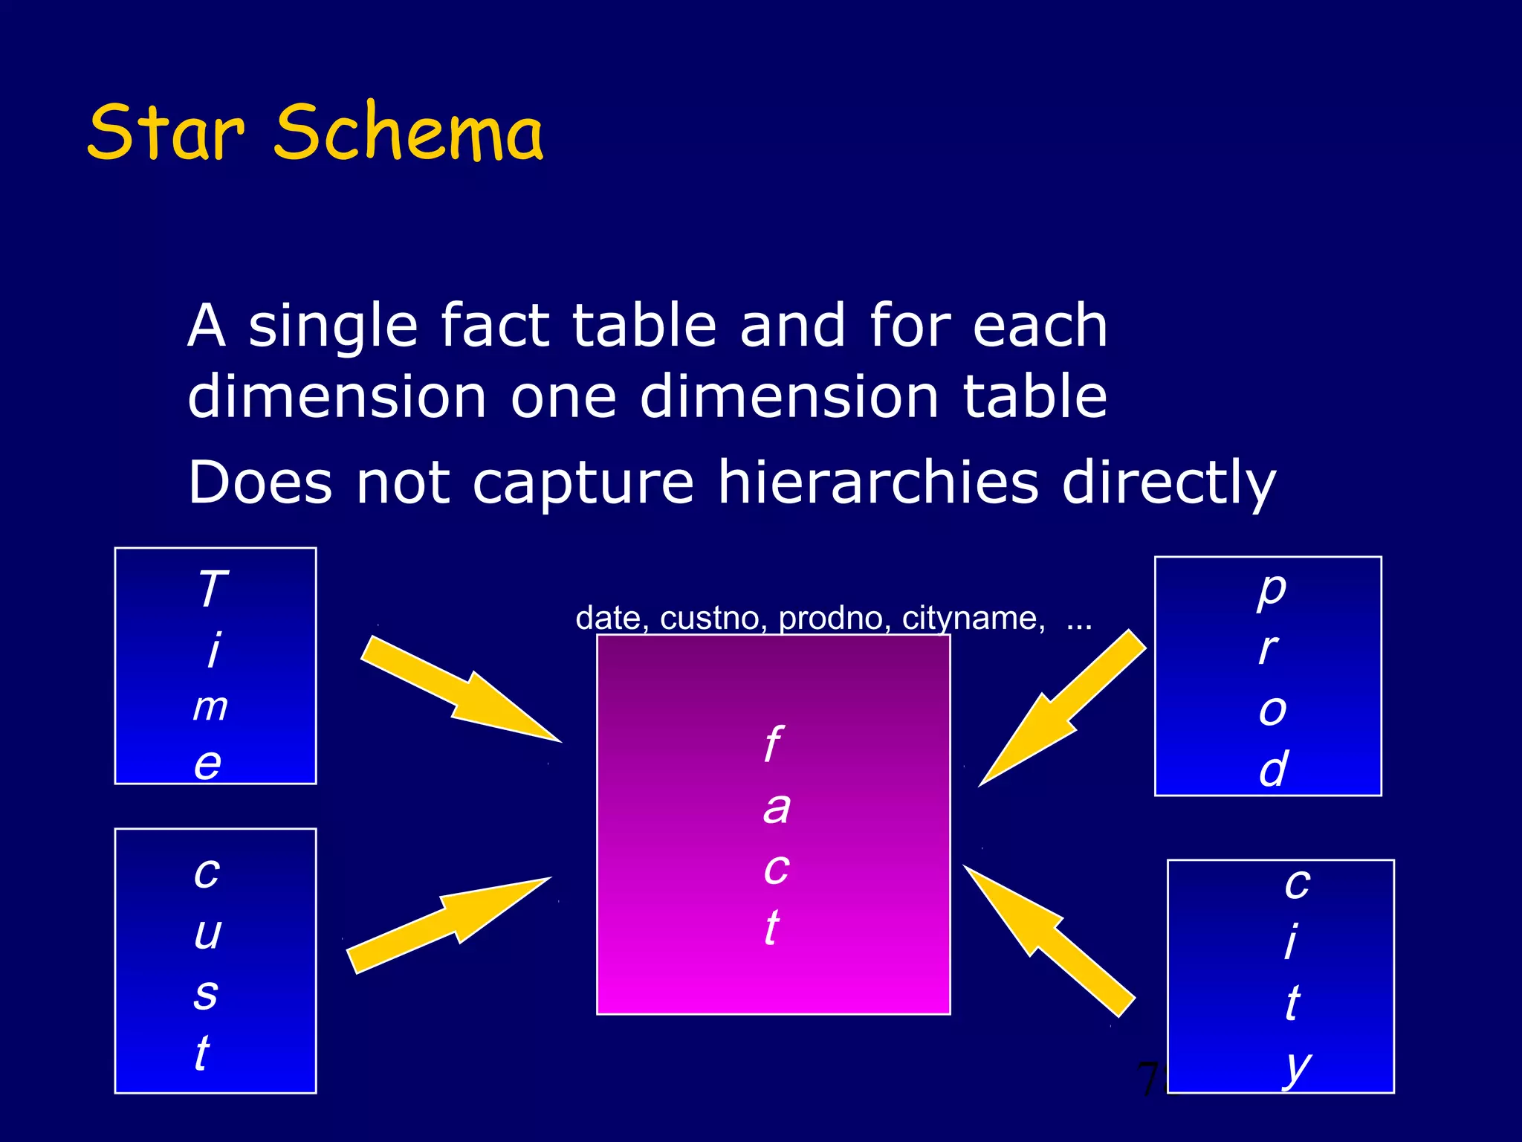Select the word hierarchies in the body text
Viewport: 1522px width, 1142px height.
tap(877, 483)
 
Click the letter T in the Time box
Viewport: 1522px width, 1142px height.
tap(213, 589)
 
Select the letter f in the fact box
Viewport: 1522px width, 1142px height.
tap(773, 743)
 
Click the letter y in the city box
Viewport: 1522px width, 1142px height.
tap(1297, 1067)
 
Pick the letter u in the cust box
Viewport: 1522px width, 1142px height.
tap(208, 933)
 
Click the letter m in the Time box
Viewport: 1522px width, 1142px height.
tap(210, 706)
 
